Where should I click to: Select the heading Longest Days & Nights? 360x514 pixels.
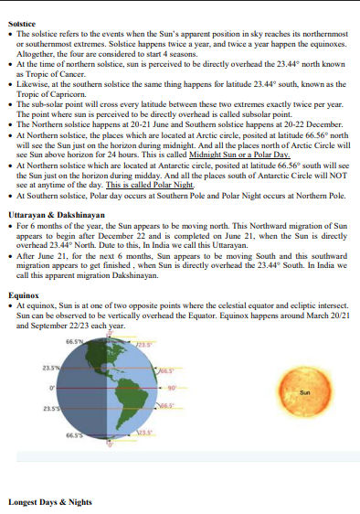tap(50, 501)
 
